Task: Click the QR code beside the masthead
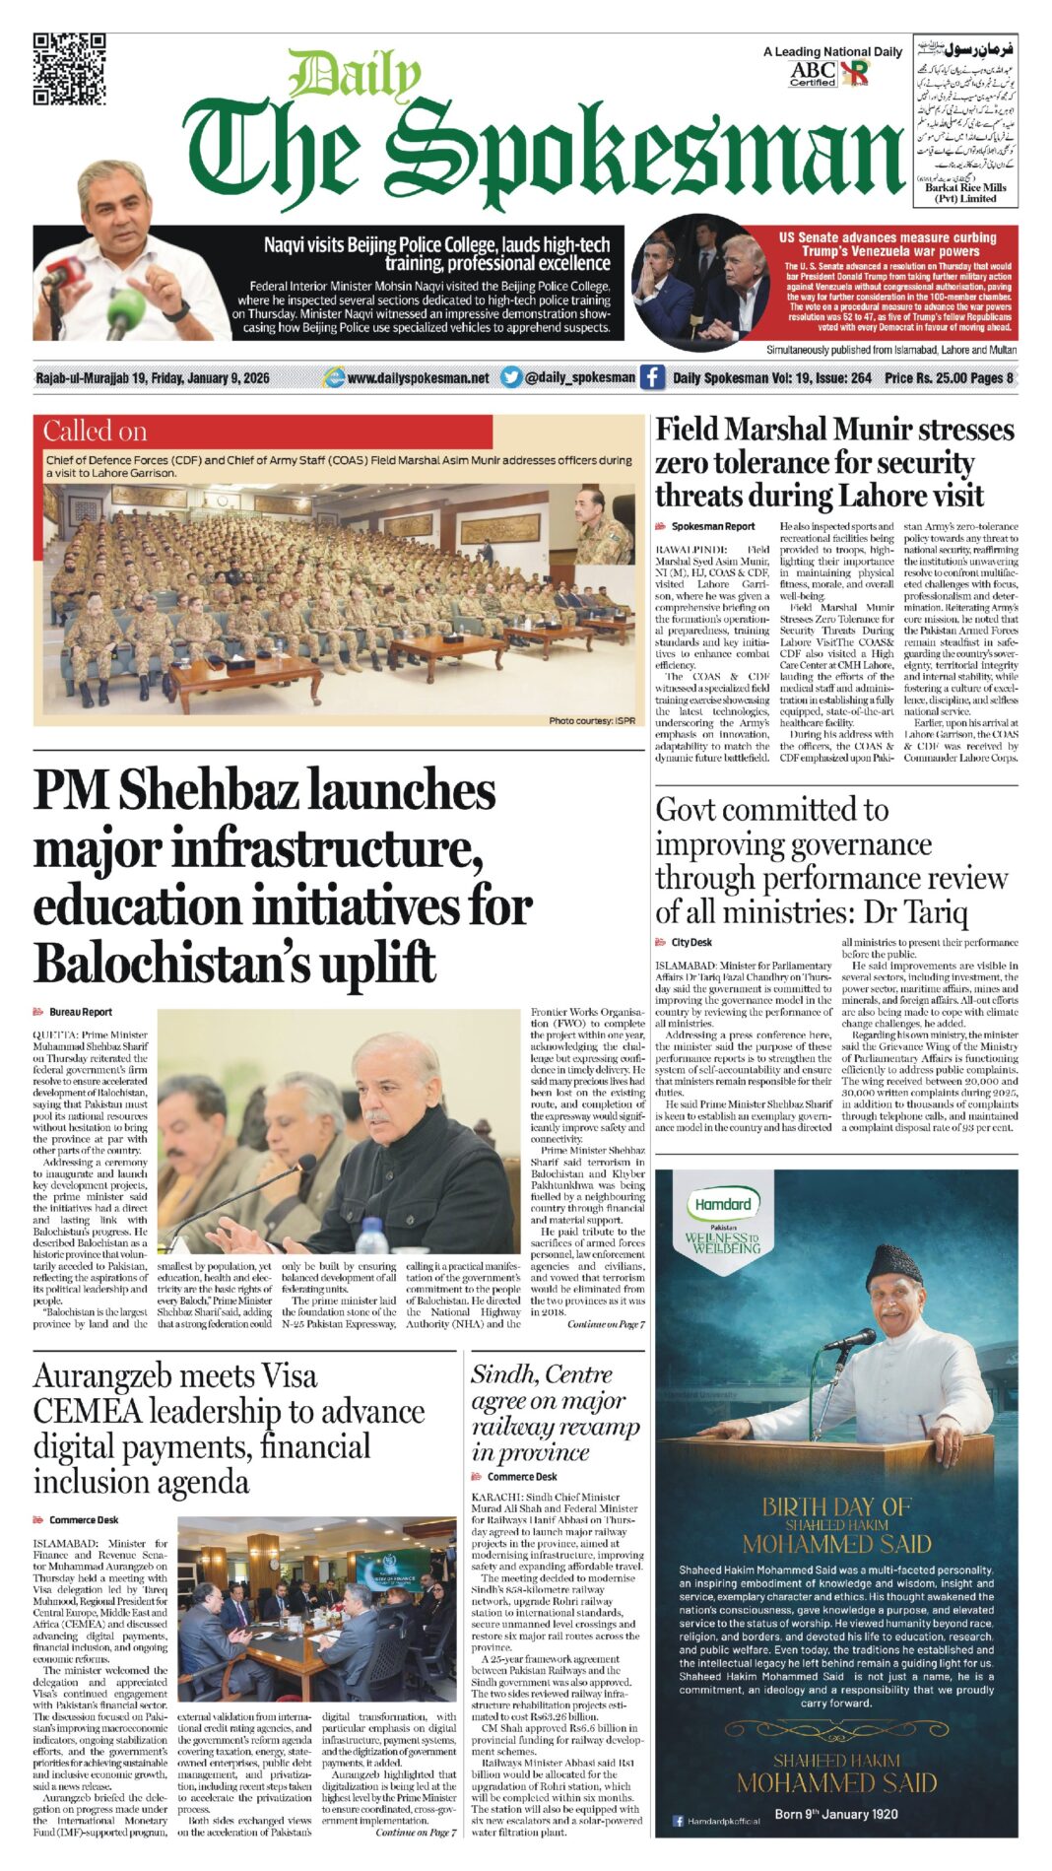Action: pyautogui.click(x=69, y=68)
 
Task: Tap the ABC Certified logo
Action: pyautogui.click(x=813, y=73)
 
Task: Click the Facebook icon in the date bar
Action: pyautogui.click(x=652, y=377)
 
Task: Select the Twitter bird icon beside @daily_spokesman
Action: pyautogui.click(x=510, y=377)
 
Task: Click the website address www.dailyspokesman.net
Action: pyautogui.click(x=418, y=377)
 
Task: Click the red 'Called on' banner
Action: pyautogui.click(x=266, y=432)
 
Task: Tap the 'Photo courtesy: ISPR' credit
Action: pyautogui.click(x=591, y=721)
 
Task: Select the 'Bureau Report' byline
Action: pyautogui.click(x=80, y=1012)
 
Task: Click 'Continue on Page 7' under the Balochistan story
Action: pyautogui.click(x=606, y=1324)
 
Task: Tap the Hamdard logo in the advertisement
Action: pyautogui.click(x=723, y=1204)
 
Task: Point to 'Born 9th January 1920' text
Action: pyautogui.click(x=835, y=1814)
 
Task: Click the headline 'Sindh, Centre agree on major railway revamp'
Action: pyautogui.click(x=556, y=1413)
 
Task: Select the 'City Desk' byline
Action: pyautogui.click(x=690, y=943)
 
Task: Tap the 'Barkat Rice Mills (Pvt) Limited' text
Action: pyautogui.click(x=965, y=192)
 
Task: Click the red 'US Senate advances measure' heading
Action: pyautogui.click(x=888, y=244)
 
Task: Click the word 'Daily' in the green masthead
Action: pyautogui.click(x=355, y=76)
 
